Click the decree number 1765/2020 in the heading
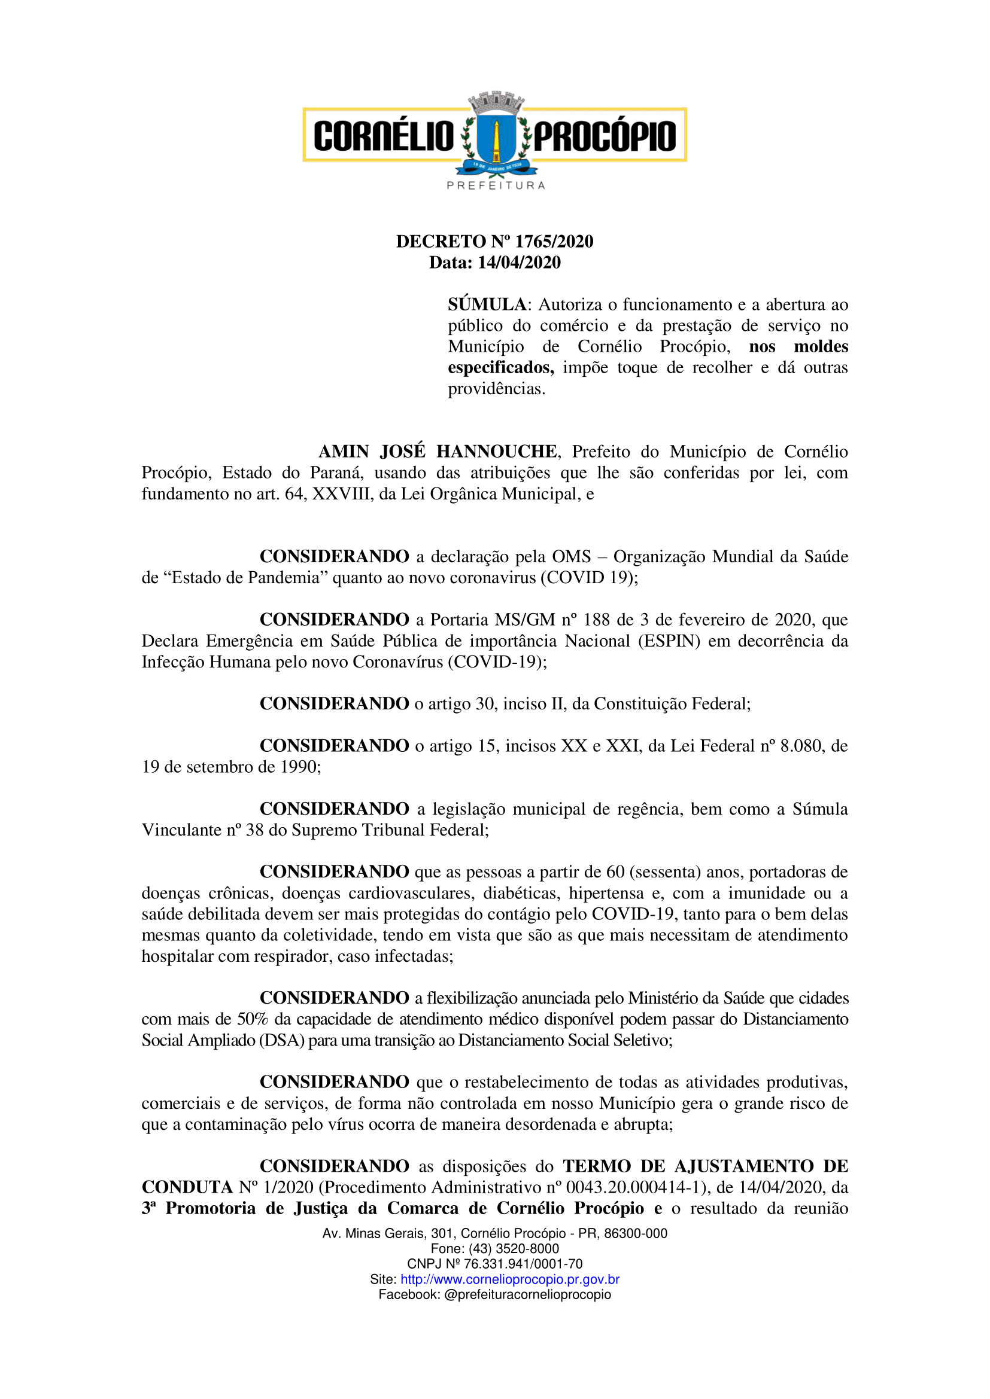tap(554, 242)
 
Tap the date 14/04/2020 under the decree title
tap(519, 263)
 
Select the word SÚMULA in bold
tap(487, 304)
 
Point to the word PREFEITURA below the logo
tap(496, 185)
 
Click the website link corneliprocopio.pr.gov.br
tap(509, 1279)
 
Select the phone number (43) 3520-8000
tap(514, 1248)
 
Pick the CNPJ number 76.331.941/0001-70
tap(523, 1264)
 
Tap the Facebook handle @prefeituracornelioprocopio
tap(527, 1294)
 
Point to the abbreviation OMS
tap(571, 557)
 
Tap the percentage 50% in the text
tap(253, 1019)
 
